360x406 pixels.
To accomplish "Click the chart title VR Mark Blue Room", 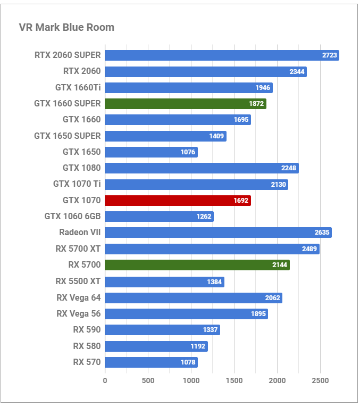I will click(66, 27).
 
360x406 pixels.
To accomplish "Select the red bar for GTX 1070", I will click(177, 201).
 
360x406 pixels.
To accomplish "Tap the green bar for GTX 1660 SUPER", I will click(185, 104).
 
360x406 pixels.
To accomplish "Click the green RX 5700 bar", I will click(197, 265).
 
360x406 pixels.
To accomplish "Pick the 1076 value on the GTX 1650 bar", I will click(188, 152).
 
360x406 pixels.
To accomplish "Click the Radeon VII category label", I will click(80, 233).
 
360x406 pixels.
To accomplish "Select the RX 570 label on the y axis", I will click(87, 362).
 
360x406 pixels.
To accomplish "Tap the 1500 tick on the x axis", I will click(234, 380).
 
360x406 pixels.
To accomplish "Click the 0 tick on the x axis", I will click(105, 380).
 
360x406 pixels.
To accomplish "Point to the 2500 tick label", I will click(320, 380).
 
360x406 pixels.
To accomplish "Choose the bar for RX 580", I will click(156, 346).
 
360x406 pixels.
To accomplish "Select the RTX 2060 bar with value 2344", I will click(205, 71).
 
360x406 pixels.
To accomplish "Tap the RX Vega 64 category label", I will click(78, 297).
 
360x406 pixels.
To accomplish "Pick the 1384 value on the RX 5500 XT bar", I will click(214, 281).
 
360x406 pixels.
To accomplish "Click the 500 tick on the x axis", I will click(148, 380).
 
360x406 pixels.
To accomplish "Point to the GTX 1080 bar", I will click(201, 168).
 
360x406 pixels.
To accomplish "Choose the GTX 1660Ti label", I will click(78, 87).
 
